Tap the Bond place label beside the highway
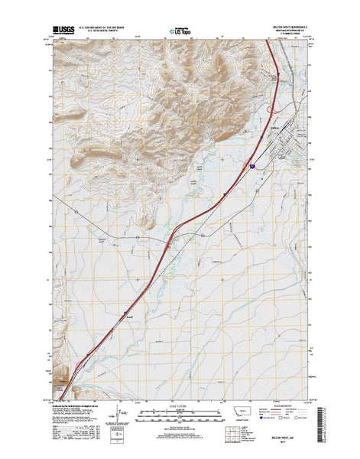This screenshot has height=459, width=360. (x=129, y=315)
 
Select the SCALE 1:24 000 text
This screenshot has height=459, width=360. (x=180, y=405)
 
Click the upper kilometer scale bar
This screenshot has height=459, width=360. (x=179, y=411)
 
